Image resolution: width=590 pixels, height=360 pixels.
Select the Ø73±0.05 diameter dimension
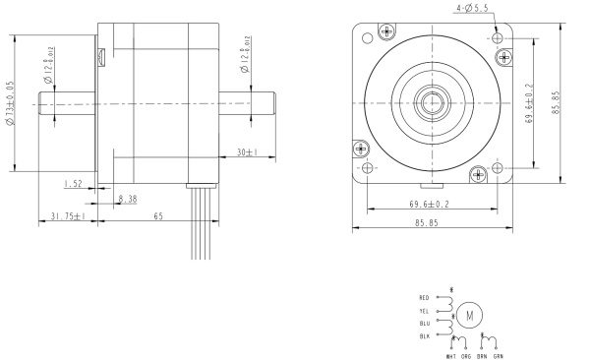tap(10, 105)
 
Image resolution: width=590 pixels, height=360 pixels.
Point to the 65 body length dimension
tap(157, 216)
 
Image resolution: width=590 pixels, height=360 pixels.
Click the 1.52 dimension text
tap(72, 184)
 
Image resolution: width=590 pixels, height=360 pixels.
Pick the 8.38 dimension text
tap(127, 199)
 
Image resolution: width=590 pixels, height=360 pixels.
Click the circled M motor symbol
tap(469, 316)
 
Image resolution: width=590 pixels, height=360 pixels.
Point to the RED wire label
tap(424, 297)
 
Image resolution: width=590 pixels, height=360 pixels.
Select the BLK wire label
tap(424, 335)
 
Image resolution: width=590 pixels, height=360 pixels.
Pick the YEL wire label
tap(424, 310)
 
